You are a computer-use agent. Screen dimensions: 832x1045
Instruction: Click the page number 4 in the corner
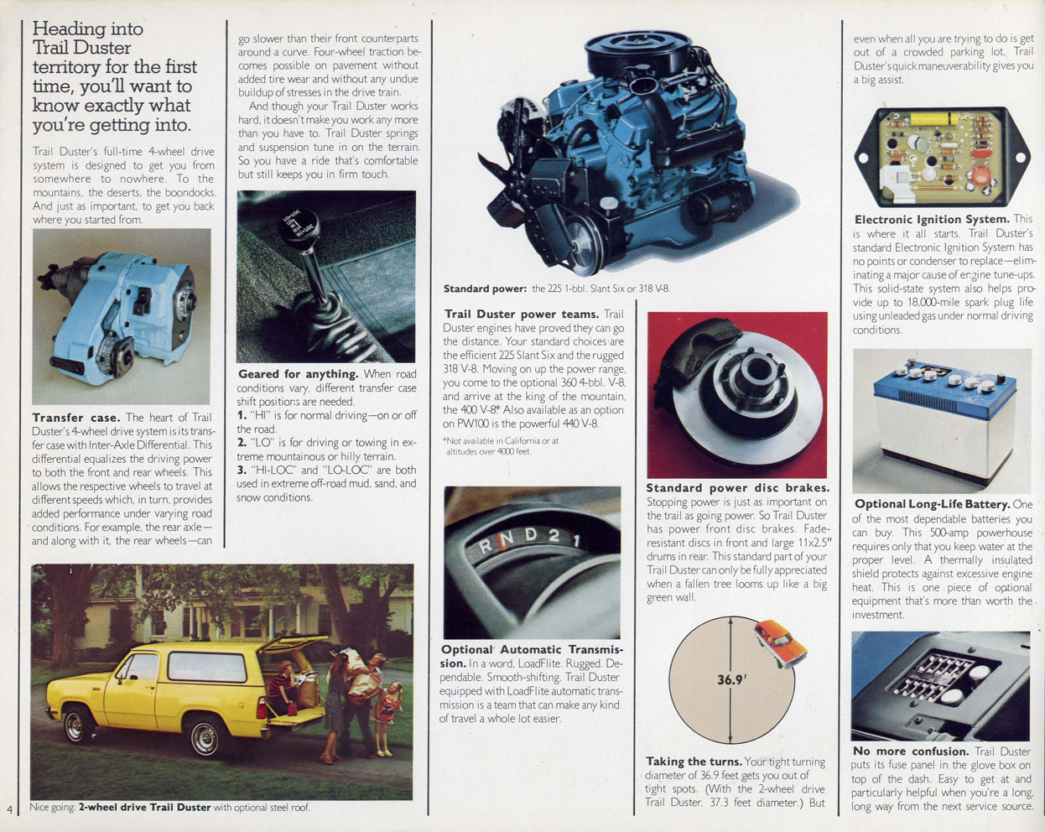[9, 809]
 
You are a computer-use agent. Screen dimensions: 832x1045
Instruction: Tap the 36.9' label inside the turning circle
[731, 680]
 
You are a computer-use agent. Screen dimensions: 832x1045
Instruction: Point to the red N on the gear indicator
[502, 543]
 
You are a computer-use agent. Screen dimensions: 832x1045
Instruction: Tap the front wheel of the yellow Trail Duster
[79, 725]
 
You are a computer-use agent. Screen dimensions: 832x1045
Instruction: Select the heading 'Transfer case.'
[76, 418]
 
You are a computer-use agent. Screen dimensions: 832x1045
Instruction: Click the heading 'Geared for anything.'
[298, 374]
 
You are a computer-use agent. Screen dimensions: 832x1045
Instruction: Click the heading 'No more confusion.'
[910, 751]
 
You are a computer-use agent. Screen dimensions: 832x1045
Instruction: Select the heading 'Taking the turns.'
[694, 762]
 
